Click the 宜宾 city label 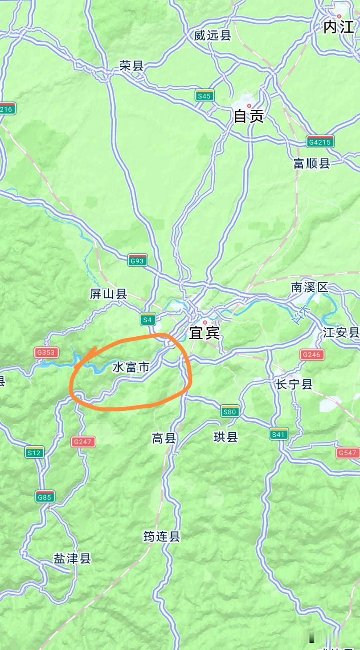[204, 333]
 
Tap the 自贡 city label [248, 116]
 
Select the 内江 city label [338, 27]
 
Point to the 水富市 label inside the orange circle [131, 367]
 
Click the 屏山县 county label [109, 294]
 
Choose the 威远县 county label [212, 35]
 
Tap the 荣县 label [131, 66]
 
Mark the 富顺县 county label [311, 163]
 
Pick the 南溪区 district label [309, 287]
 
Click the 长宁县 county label [294, 384]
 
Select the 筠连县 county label [161, 536]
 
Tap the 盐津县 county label [72, 558]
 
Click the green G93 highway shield [137, 261]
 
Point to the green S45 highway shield [204, 96]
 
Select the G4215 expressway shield [320, 142]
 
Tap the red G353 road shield [46, 352]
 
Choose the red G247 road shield [82, 441]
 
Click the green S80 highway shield [229, 412]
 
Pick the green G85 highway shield [44, 497]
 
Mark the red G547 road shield [347, 453]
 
